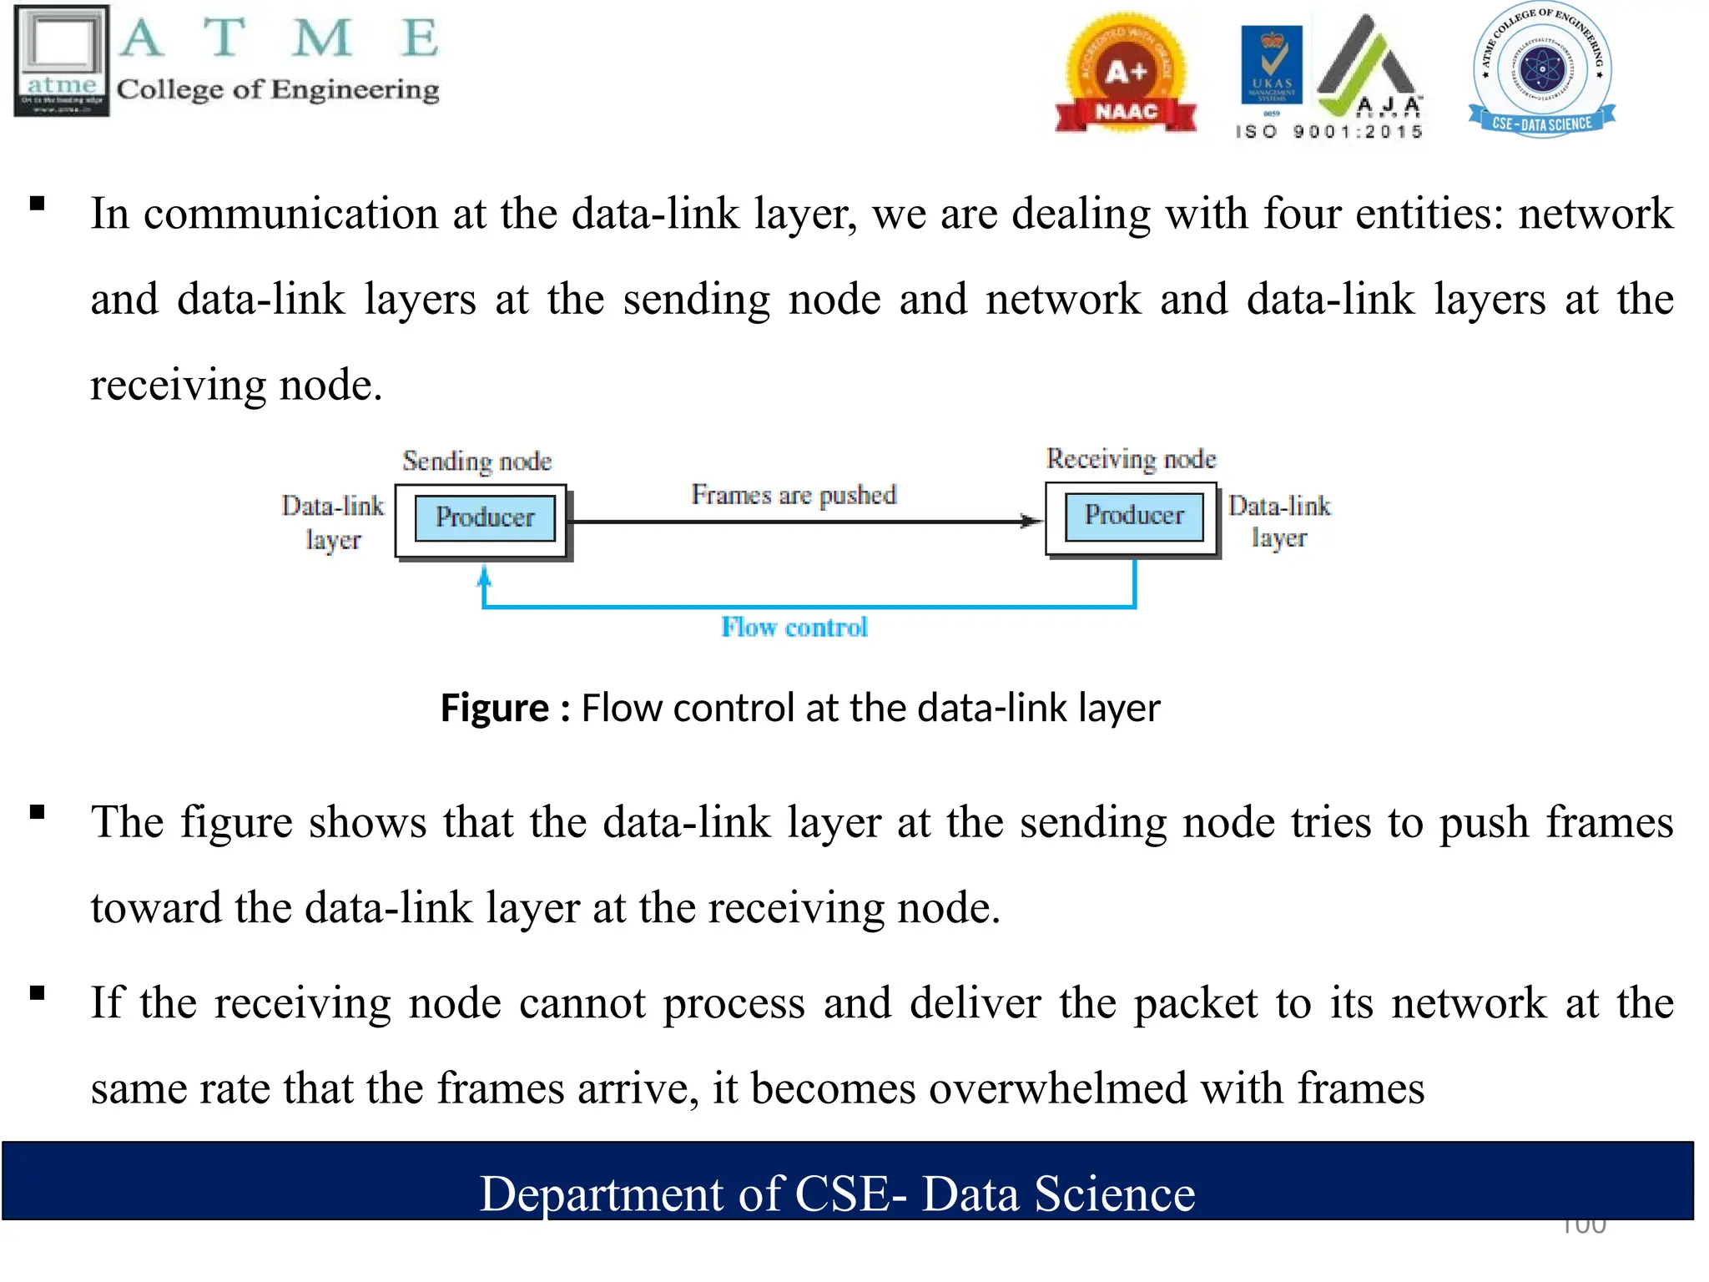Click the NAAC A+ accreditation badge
(x=1126, y=75)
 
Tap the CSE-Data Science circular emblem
(x=1542, y=70)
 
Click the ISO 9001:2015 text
(x=1328, y=132)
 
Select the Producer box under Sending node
(x=485, y=517)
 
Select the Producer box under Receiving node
(x=1134, y=516)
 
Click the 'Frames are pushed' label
(x=794, y=495)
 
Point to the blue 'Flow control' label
(x=794, y=627)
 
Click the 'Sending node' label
(x=476, y=461)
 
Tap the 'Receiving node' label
(x=1132, y=459)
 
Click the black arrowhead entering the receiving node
(x=1033, y=522)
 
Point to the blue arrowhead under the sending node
(x=484, y=576)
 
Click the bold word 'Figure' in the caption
(x=494, y=708)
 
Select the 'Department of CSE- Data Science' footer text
(x=837, y=1193)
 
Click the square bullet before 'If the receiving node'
(x=38, y=992)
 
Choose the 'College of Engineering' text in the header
(x=278, y=89)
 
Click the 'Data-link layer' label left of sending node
(x=333, y=522)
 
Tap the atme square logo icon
(x=62, y=60)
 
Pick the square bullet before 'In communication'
(x=38, y=204)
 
